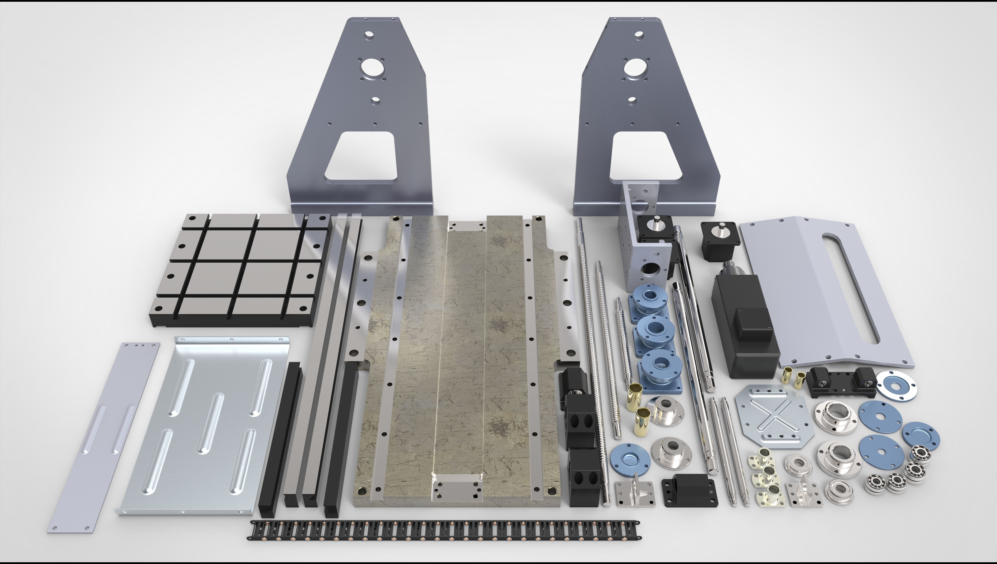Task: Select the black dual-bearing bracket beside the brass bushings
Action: pyautogui.click(x=841, y=382)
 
